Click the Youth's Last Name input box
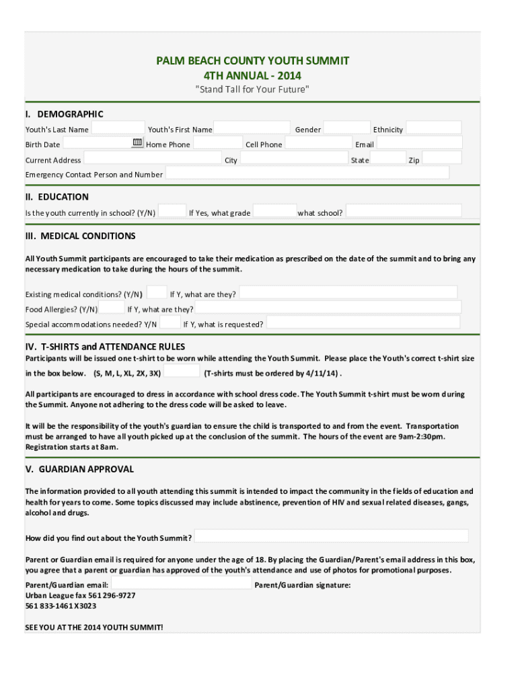(118, 128)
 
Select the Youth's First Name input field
(252, 128)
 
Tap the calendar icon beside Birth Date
(137, 142)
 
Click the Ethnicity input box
(433, 128)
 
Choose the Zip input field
(441, 159)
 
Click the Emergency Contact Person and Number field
(307, 173)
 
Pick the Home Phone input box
(217, 143)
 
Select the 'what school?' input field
(404, 212)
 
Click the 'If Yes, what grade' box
(274, 212)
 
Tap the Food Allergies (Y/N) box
(112, 308)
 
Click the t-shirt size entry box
(182, 372)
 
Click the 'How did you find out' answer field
(331, 537)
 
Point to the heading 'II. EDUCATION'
(57, 197)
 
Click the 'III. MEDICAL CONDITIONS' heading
(80, 236)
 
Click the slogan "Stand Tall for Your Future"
(252, 89)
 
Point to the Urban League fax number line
(80, 595)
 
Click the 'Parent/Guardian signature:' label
(302, 585)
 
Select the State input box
(388, 159)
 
